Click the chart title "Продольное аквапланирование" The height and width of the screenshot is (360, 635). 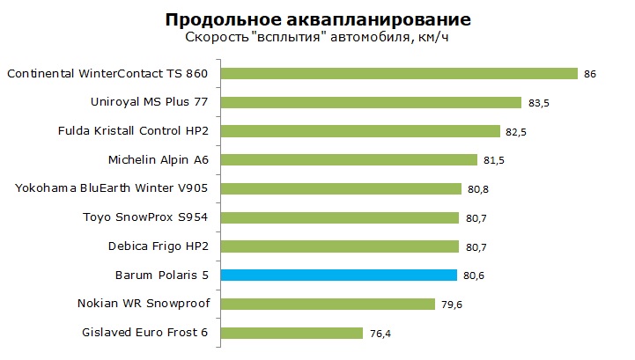point(317,18)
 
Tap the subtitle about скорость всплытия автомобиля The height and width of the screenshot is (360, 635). point(318,38)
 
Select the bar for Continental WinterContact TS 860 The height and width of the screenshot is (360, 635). point(398,73)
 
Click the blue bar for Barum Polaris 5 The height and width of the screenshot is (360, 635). point(338,275)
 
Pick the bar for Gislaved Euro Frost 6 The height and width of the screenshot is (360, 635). point(292,333)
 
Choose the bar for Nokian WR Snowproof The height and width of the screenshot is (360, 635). point(328,304)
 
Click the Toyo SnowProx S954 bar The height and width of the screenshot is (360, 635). point(339,217)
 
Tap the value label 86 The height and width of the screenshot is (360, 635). point(590,74)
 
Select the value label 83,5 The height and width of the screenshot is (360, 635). point(538,103)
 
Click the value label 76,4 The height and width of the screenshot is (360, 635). point(380,334)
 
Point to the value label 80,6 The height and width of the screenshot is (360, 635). point(475,276)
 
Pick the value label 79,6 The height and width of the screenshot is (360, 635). point(453,305)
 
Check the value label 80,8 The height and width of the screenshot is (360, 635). point(479,189)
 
